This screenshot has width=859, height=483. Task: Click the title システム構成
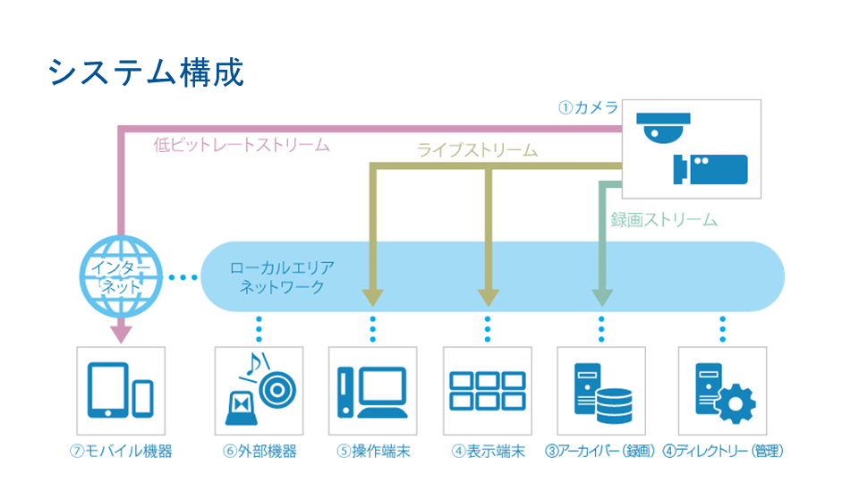146,72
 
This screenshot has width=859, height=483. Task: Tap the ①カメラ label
588,107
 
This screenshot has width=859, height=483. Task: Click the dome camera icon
663,128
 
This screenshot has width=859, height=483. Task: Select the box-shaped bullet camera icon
710,169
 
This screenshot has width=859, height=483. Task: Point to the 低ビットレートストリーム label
242,145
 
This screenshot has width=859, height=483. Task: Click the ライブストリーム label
477,150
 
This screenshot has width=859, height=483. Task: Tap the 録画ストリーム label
664,220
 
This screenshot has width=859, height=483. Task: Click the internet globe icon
121,276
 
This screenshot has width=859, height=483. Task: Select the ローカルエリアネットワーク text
282,277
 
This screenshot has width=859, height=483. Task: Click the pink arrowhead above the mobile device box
121,334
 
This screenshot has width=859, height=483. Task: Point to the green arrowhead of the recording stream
602,297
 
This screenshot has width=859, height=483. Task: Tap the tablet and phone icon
121,390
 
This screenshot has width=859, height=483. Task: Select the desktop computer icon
372,392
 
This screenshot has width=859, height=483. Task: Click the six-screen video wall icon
488,391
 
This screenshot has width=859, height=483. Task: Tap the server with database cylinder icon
602,394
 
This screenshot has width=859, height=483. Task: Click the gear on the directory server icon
736,404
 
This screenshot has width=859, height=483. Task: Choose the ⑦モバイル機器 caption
121,451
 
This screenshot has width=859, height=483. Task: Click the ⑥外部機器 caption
259,451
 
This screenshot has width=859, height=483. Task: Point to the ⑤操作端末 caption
373,451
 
